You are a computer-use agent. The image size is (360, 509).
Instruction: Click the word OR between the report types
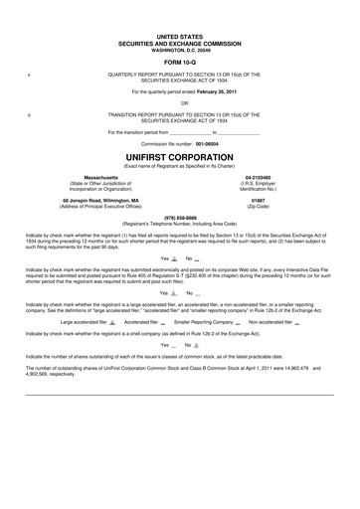[180, 100]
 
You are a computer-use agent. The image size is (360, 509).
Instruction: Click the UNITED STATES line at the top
[180, 34]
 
